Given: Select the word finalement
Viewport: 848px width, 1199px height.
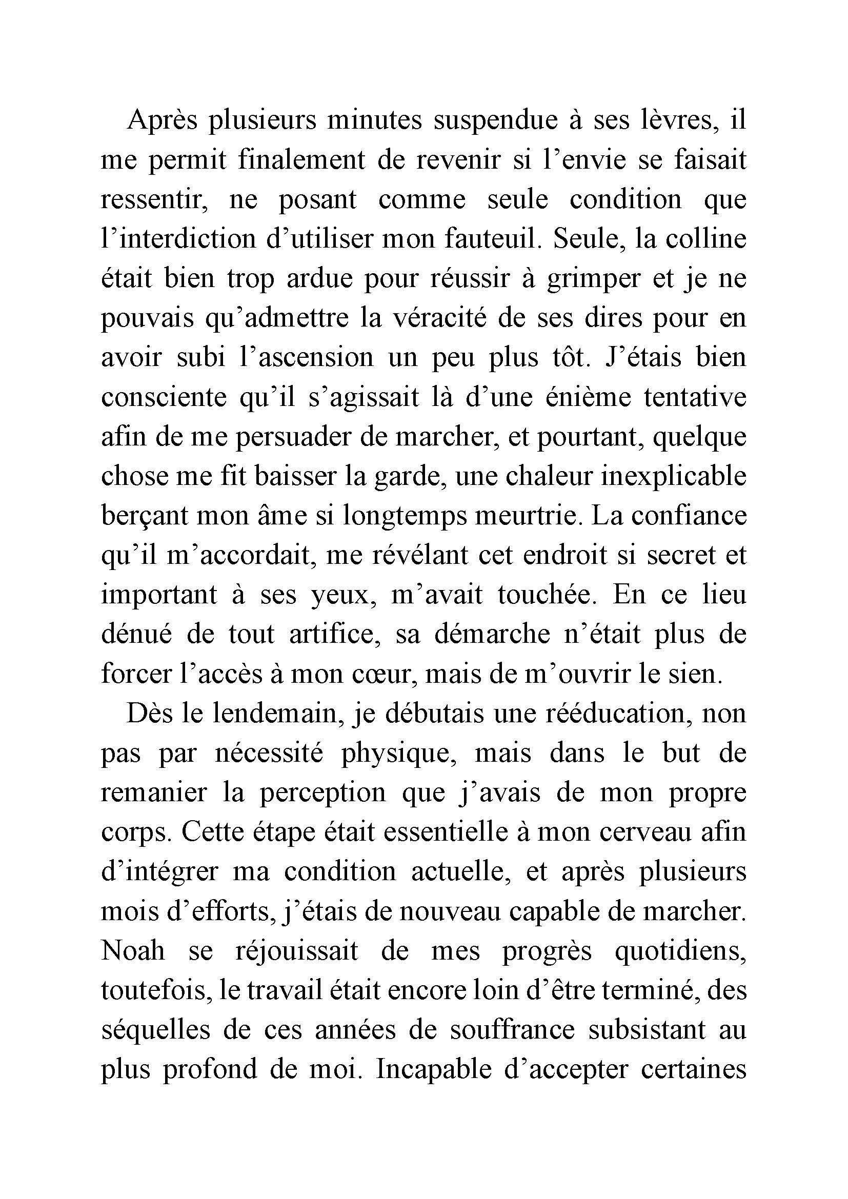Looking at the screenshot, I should (x=301, y=160).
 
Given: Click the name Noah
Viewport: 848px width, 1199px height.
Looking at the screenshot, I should (x=133, y=950).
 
